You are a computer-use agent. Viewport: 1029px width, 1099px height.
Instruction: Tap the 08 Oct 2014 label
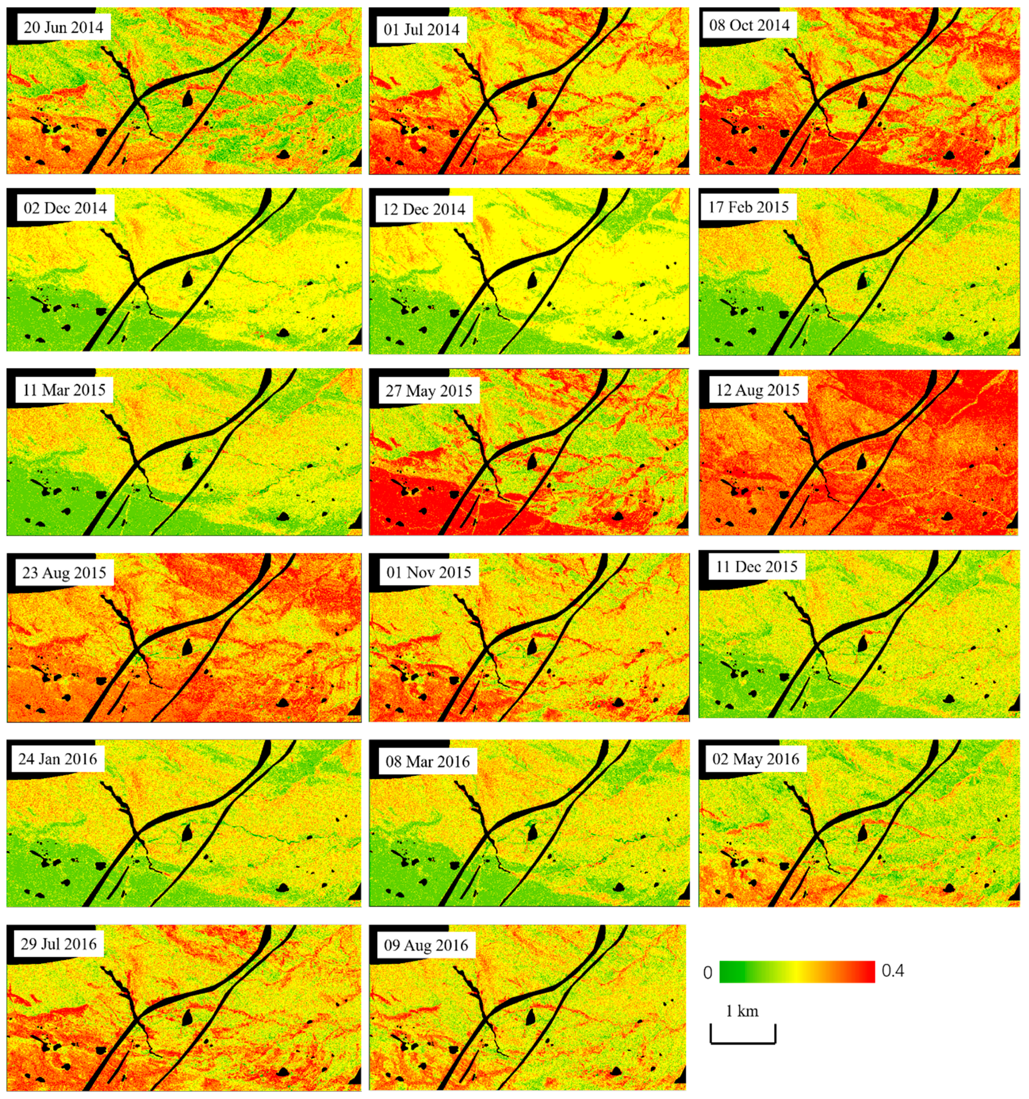point(749,25)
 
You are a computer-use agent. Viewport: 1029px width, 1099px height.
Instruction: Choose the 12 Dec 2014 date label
point(424,209)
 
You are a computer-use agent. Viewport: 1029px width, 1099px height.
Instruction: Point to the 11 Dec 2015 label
point(757,567)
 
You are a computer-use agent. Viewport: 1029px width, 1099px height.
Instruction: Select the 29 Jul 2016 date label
point(59,944)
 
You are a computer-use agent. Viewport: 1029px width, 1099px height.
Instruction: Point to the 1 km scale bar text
point(742,1011)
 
